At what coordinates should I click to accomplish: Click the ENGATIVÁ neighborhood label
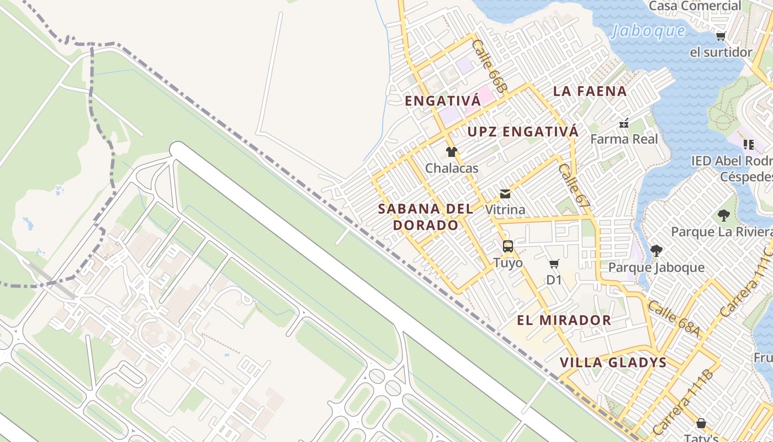tap(440, 101)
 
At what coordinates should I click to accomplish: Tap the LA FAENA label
tap(590, 91)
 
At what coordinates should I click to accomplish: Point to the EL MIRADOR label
tap(564, 320)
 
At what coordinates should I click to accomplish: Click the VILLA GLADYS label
tap(613, 363)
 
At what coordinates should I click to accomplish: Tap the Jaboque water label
tap(648, 31)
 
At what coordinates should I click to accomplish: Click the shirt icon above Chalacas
tap(452, 152)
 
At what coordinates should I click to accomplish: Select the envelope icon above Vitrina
tap(505, 194)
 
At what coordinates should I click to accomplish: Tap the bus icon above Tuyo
tap(508, 246)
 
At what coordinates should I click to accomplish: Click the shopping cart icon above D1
tap(554, 264)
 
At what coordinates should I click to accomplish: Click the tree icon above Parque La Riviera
tap(723, 215)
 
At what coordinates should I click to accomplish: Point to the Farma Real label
tap(624, 139)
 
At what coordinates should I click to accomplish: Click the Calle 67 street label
tap(573, 188)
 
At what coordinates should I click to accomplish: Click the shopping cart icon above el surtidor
tap(721, 36)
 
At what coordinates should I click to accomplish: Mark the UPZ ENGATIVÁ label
tap(523, 131)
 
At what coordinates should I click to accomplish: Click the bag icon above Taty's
tap(701, 423)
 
